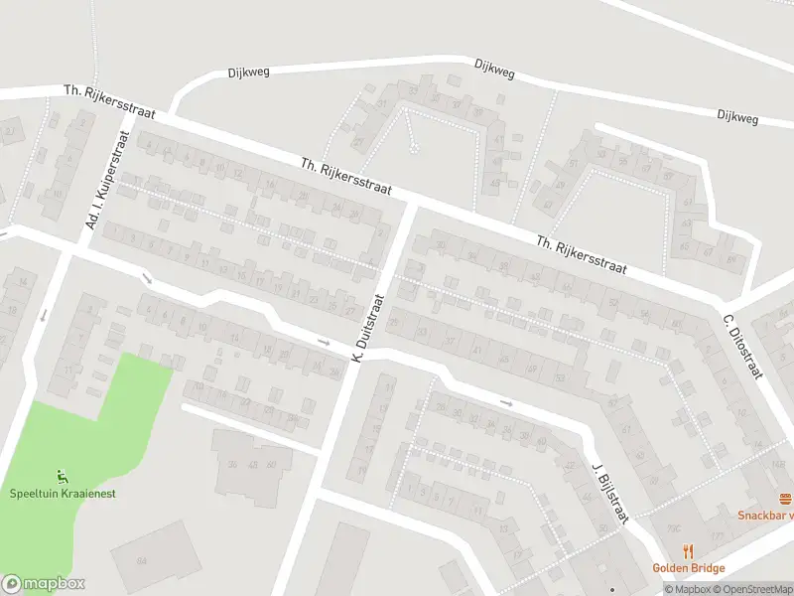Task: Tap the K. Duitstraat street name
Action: [x=366, y=329]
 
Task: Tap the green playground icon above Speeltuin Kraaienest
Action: [x=63, y=476]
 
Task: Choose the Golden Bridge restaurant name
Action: [x=688, y=568]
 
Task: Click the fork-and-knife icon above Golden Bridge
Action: [x=688, y=551]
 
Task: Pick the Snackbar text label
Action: [x=765, y=515]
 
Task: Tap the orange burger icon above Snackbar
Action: [x=786, y=498]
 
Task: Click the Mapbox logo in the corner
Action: [x=43, y=584]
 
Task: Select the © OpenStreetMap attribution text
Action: [x=750, y=589]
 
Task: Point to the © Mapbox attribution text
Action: [x=685, y=589]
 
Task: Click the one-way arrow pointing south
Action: [x=44, y=317]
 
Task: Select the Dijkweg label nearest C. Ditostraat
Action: [x=736, y=117]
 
